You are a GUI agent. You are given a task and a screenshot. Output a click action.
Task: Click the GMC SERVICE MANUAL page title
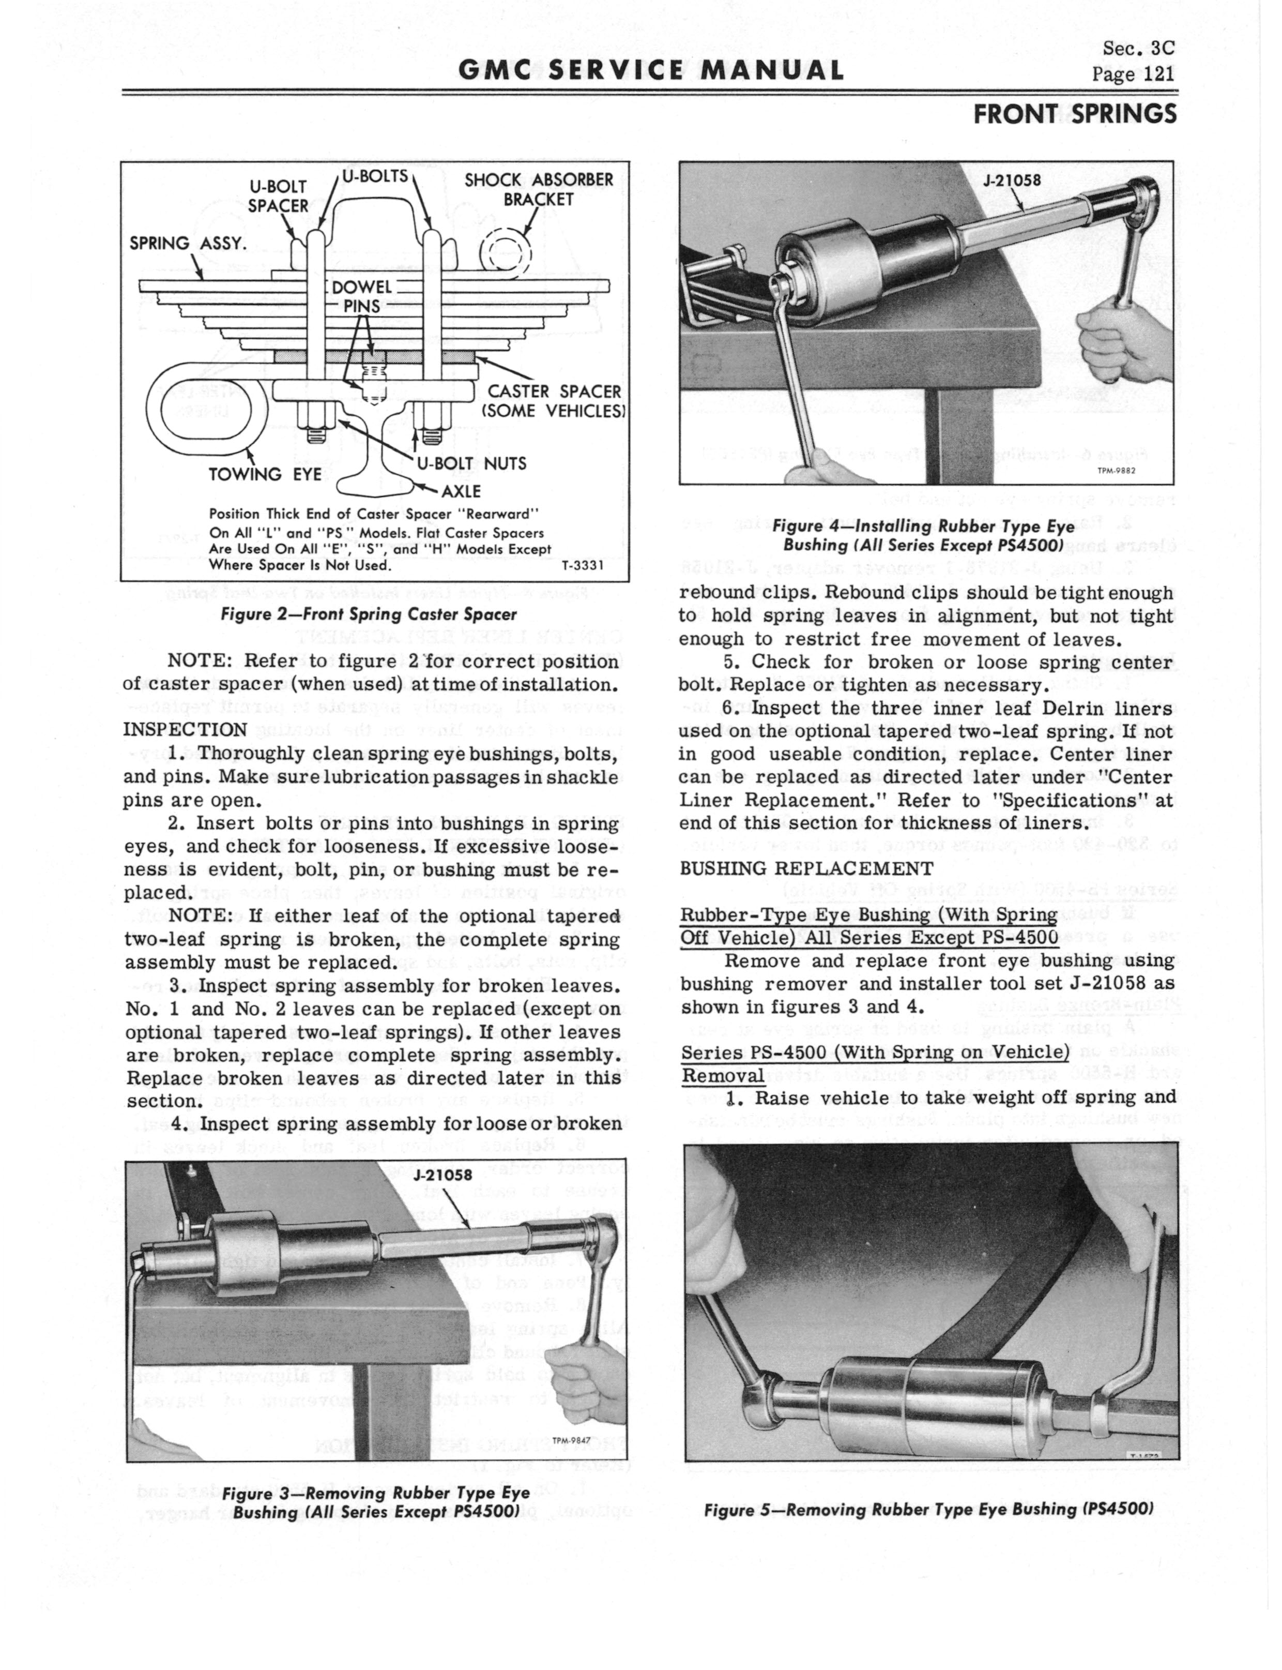click(x=651, y=71)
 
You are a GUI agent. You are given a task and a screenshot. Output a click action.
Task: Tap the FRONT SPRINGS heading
click(x=1074, y=114)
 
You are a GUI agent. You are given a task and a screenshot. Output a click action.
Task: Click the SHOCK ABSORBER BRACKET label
click(x=539, y=189)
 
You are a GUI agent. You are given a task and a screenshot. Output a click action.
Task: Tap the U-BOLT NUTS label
click(x=471, y=463)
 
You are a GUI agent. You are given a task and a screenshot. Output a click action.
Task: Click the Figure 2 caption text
click(x=369, y=614)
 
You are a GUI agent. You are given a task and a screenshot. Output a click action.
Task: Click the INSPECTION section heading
click(x=185, y=730)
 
